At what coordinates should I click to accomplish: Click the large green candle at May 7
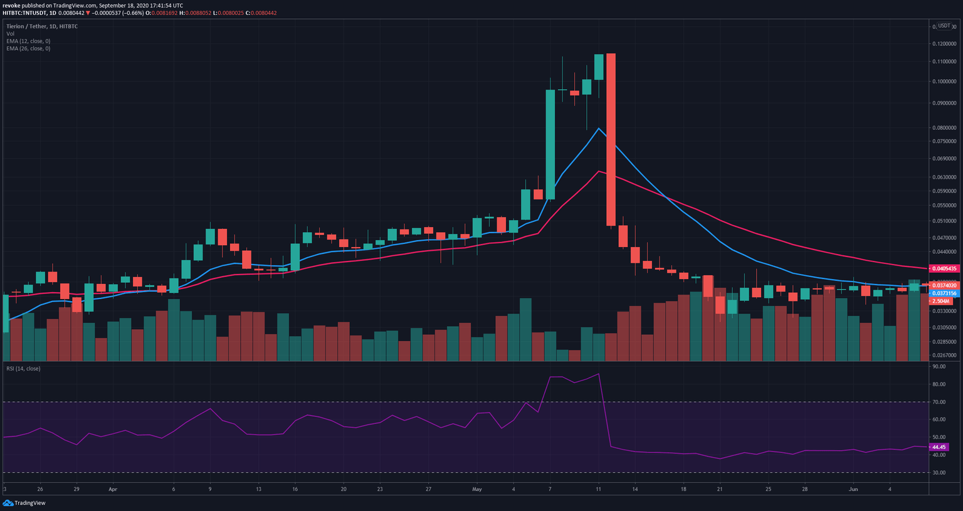point(550,144)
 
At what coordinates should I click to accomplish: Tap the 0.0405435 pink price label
point(944,268)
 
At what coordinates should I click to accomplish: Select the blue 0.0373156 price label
point(944,293)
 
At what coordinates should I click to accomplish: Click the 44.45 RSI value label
point(939,447)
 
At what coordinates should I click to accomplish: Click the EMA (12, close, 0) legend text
point(29,41)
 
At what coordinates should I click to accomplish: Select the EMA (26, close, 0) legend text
point(29,48)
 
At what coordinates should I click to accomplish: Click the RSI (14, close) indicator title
point(23,369)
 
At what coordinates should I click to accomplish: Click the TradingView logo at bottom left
point(24,503)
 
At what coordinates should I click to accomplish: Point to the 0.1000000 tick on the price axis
point(944,82)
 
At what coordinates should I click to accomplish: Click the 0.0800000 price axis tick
point(944,128)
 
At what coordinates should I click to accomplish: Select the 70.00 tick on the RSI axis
point(939,402)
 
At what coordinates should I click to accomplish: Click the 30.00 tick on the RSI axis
point(939,473)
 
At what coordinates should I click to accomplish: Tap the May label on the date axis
point(477,489)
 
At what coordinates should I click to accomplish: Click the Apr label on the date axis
point(113,489)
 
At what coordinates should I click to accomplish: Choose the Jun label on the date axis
point(853,489)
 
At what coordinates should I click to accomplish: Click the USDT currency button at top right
point(944,26)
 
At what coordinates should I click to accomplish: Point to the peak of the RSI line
point(599,374)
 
